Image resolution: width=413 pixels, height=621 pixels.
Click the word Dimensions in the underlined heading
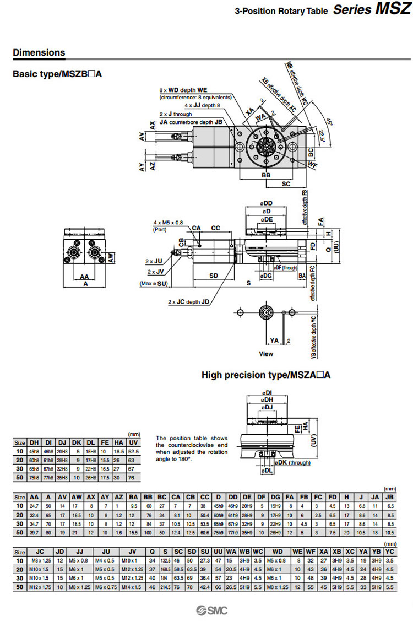coord(39,53)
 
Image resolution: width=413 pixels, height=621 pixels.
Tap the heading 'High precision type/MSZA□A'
coord(266,375)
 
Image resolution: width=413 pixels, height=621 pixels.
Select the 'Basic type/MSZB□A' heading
coord(57,73)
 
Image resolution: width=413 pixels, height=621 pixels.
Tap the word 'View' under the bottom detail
coord(266,354)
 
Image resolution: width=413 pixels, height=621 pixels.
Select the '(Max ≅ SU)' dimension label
coord(154,284)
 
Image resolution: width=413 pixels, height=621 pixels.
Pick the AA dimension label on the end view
coord(84,277)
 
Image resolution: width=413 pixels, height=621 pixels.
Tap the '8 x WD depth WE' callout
coord(183,89)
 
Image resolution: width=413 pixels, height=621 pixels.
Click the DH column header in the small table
coord(34,442)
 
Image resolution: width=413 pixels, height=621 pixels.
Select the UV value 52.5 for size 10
coord(133,451)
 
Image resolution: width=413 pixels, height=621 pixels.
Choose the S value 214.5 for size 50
coord(165,587)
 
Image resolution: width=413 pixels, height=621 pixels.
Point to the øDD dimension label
coord(267,203)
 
